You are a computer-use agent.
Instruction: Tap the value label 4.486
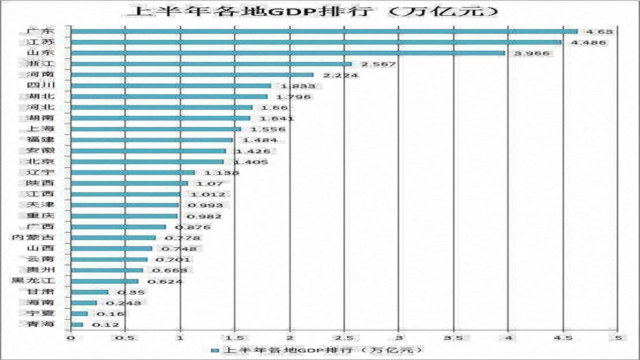(588, 42)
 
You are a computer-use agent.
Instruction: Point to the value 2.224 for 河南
(340, 75)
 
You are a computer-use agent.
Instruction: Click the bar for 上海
(155, 129)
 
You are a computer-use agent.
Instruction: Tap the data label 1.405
(251, 162)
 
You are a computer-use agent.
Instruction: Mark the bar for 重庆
(124, 216)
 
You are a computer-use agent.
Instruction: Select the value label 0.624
(165, 281)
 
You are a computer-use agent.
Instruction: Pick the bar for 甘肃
(89, 292)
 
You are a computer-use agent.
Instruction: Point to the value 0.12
(105, 325)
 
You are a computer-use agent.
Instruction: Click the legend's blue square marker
(214, 350)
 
